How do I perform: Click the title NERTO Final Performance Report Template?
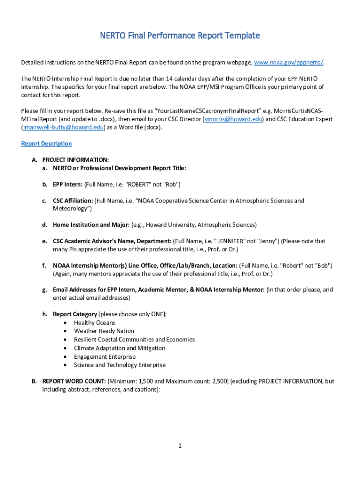coord(180,36)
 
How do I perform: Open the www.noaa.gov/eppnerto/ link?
coord(289,62)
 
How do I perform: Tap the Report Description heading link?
coord(46,144)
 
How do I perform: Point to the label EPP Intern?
coord(68,184)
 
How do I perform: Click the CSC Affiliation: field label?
coord(73,201)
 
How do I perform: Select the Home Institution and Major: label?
coord(91,225)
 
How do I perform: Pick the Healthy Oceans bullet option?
coord(94,323)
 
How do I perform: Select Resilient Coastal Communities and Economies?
coord(134,340)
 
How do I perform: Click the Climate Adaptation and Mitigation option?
coord(119,348)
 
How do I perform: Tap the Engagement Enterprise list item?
coord(105,356)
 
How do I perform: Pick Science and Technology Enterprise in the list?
coord(120,365)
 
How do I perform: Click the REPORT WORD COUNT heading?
coord(74,381)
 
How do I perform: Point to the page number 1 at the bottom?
coord(180,446)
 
